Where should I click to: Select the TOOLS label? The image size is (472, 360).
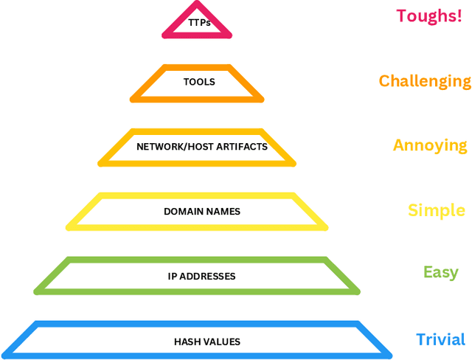199,82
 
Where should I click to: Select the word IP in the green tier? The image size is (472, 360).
173,277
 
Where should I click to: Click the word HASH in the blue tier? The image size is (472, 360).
187,342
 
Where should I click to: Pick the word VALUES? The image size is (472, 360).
221,342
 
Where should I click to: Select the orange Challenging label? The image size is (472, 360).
425,80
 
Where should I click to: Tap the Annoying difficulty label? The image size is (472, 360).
430,145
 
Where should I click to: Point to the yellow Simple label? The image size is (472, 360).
437,210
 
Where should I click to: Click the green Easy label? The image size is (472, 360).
441,272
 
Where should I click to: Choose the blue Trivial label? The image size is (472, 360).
441,339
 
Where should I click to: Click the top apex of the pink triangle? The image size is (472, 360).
197,4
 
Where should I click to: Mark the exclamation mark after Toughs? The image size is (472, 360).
458,15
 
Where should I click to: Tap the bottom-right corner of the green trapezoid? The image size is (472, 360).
358,291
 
